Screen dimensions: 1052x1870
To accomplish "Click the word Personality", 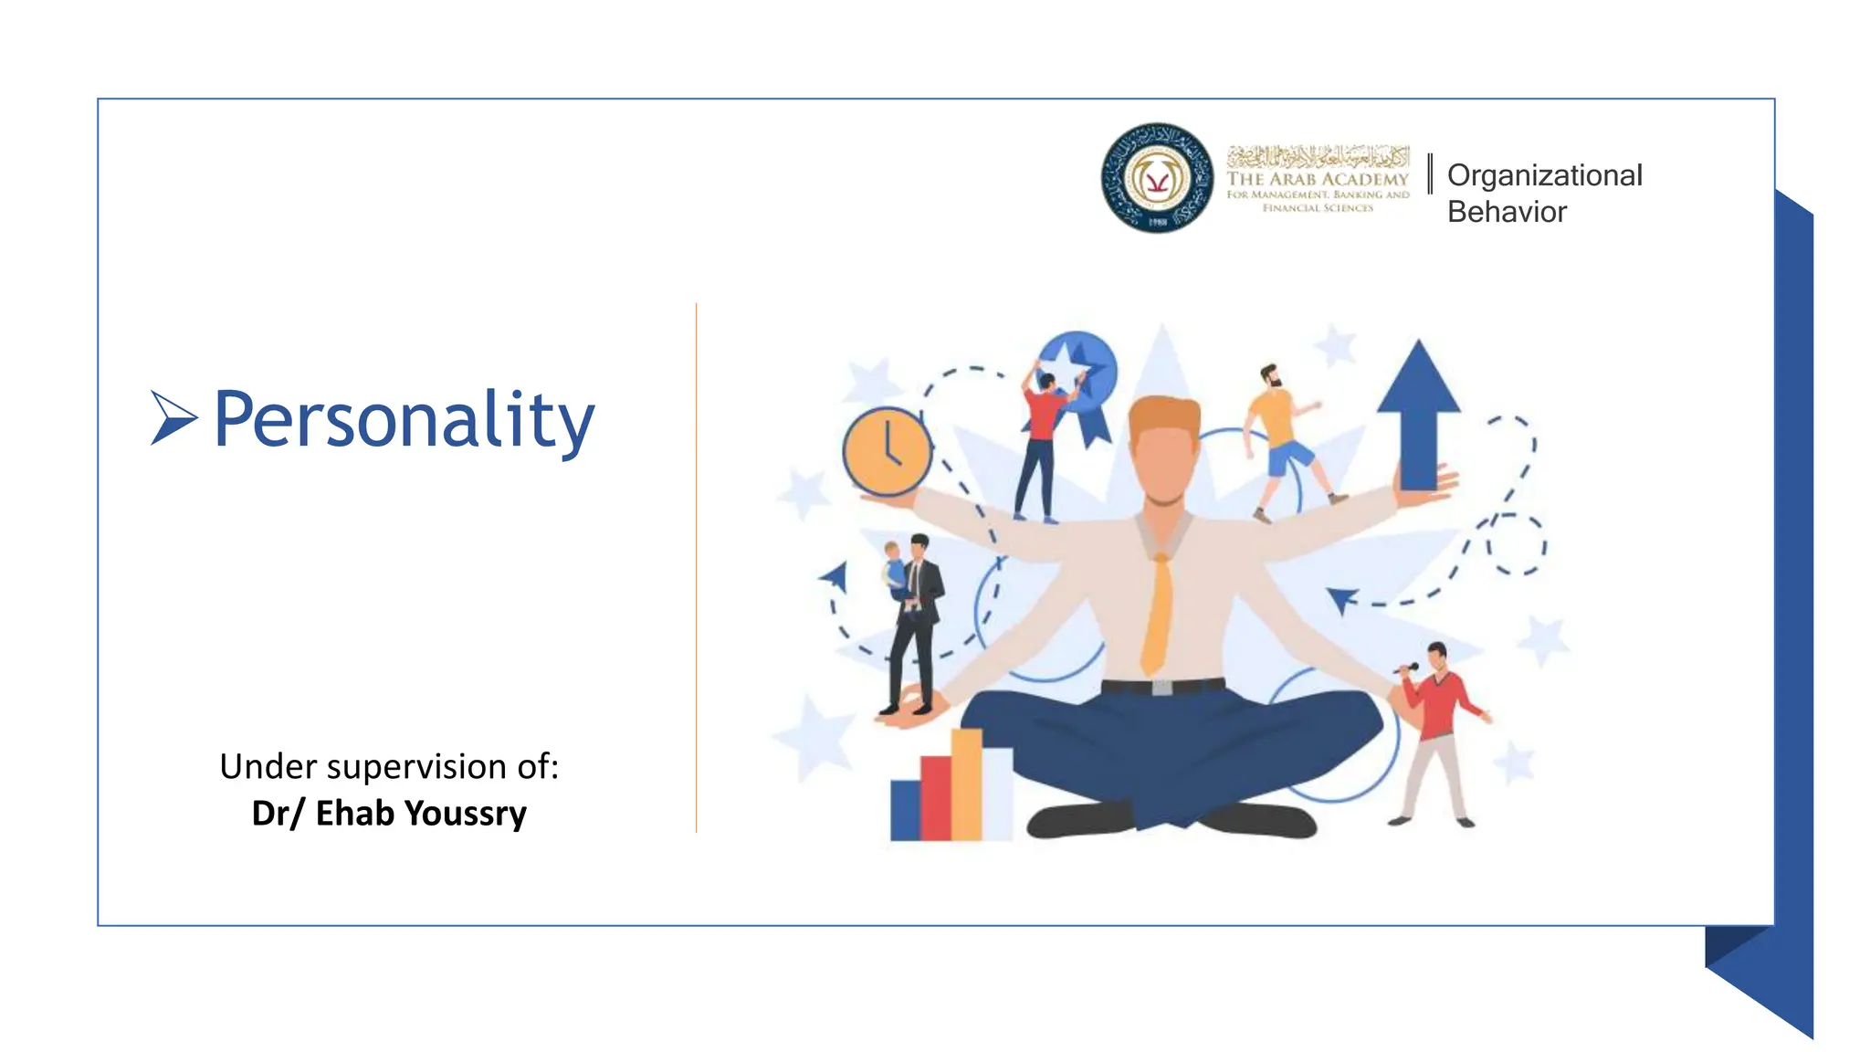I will click(x=404, y=420).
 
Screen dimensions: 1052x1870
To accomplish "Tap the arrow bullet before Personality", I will click(x=173, y=417).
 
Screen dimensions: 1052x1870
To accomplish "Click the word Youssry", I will click(x=466, y=813).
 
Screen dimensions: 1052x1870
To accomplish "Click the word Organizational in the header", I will click(x=1544, y=174).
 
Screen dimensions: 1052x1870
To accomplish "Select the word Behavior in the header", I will click(x=1507, y=212).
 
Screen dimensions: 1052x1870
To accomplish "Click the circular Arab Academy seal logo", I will click(x=1157, y=178).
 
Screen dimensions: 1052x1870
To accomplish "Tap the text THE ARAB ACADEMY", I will click(x=1318, y=179).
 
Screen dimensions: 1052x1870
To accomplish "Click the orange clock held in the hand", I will click(x=887, y=451).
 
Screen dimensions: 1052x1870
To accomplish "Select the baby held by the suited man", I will click(x=894, y=571).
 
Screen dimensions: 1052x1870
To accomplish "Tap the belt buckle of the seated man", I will click(x=1161, y=687).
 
